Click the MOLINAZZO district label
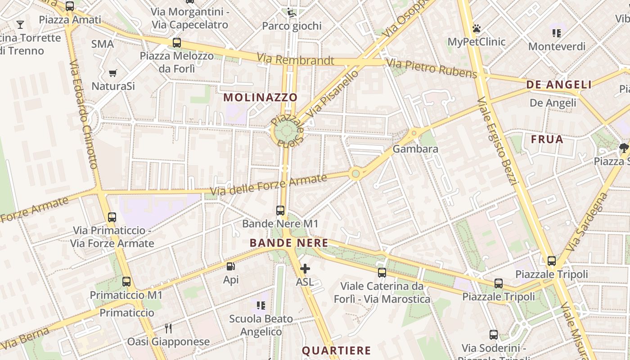point(261,97)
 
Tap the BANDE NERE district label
point(289,243)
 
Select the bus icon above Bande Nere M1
point(280,210)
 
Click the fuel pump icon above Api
point(231,266)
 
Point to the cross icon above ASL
point(305,269)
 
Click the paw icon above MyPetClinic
point(477,29)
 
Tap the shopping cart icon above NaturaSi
point(113,73)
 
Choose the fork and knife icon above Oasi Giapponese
point(168,328)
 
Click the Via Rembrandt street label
point(296,59)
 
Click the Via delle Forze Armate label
point(269,184)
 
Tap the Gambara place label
point(415,148)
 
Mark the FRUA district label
point(547,139)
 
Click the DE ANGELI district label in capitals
point(559,85)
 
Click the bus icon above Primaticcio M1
point(126,282)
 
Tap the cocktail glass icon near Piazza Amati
point(20,24)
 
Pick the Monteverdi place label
point(557,46)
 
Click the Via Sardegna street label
point(588,222)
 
